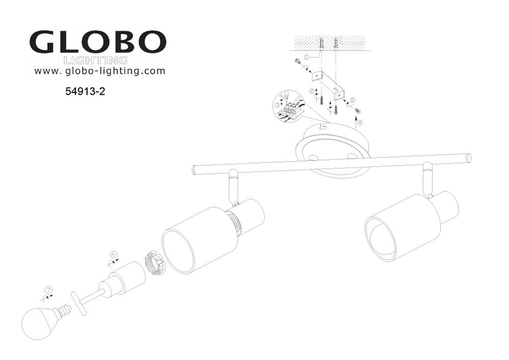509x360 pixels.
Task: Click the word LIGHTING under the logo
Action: coord(96,61)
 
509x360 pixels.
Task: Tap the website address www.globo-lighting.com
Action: coord(100,71)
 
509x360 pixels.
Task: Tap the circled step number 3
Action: coord(277,105)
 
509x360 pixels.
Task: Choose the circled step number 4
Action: coord(359,122)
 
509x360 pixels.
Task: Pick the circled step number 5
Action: coord(352,100)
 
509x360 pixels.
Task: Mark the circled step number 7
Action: coord(48,291)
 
